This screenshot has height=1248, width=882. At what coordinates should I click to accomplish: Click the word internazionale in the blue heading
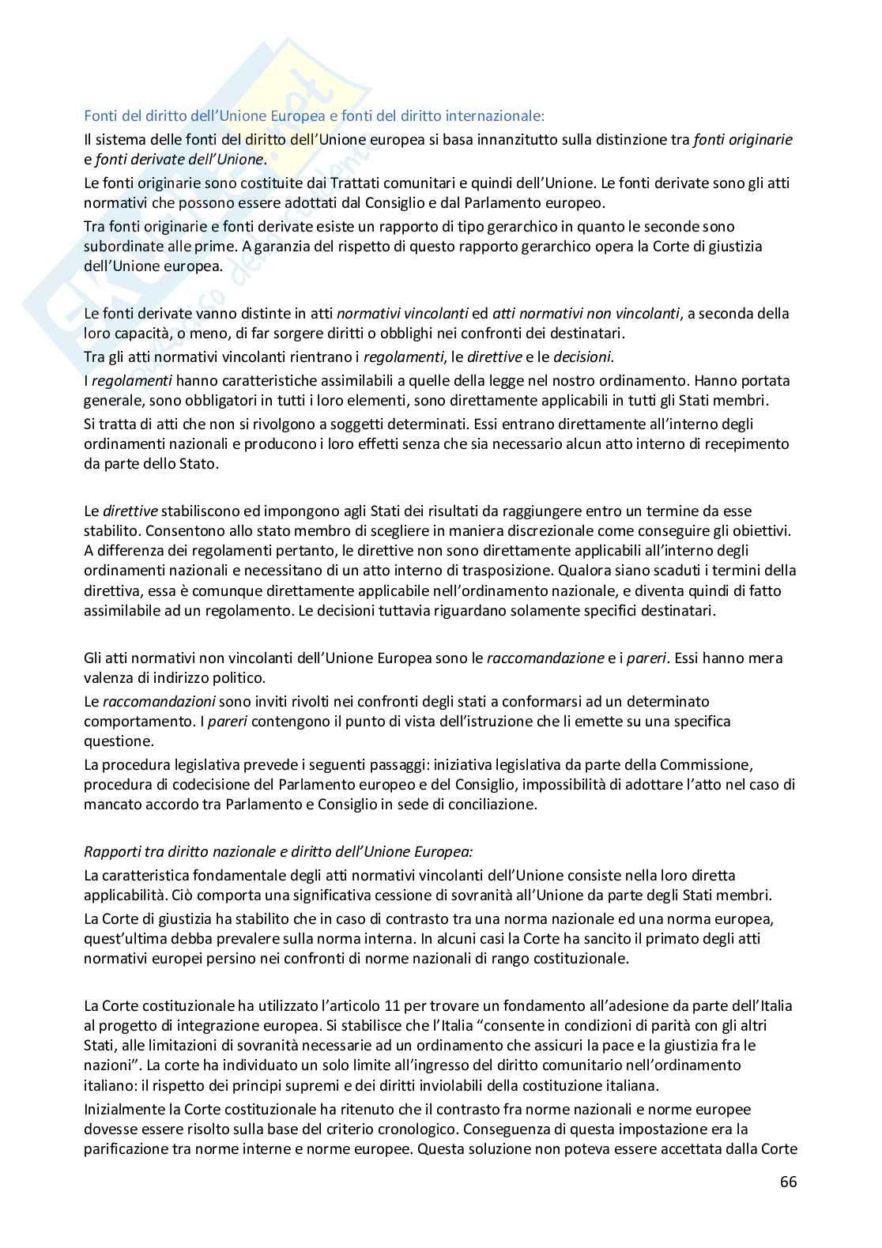point(494,116)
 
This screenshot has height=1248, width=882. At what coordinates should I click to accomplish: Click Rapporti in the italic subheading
point(111,851)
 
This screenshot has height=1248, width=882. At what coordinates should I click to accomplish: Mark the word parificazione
point(125,1149)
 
